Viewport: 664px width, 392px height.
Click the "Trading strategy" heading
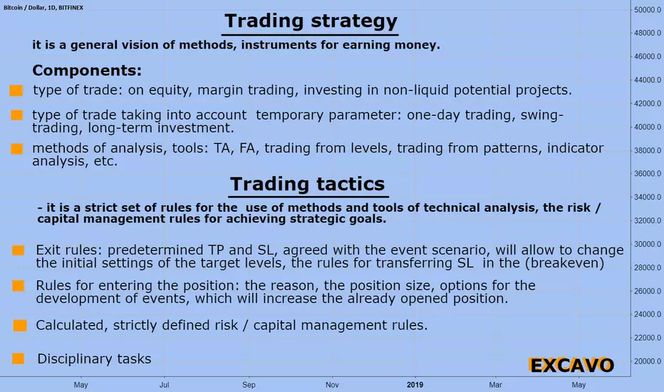[311, 21]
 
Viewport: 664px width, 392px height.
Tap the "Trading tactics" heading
[308, 185]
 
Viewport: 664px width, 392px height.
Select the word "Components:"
[87, 71]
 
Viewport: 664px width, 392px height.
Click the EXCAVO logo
[571, 365]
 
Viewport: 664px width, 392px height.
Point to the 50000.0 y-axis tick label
[648, 10]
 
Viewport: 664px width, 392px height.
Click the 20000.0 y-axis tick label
[648, 361]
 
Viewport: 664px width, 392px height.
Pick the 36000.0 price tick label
[648, 173]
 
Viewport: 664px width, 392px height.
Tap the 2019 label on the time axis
[415, 385]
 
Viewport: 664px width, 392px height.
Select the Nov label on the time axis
[332, 385]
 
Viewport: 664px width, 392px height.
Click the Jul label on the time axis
[165, 385]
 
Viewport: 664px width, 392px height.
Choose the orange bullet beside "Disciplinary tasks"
[19, 359]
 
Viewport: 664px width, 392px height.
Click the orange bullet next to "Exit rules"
[19, 250]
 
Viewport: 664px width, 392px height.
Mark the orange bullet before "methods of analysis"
[17, 149]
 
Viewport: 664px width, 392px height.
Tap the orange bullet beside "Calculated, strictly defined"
[20, 326]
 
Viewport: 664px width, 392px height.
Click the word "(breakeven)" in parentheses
[564, 263]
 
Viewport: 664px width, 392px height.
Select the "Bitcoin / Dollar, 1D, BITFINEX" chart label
[43, 8]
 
